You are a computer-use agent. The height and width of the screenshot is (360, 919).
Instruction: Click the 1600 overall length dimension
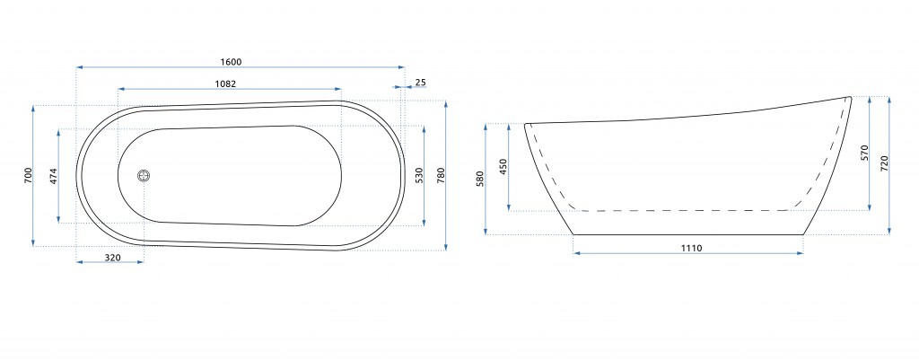(231, 62)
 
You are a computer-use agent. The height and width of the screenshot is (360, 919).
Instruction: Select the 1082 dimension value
(225, 83)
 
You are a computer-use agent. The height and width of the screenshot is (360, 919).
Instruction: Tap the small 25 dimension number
(420, 82)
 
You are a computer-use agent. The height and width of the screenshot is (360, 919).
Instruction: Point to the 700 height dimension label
(29, 175)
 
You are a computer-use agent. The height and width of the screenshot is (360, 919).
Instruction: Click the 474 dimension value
(53, 176)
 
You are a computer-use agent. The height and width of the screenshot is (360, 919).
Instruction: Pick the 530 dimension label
(418, 176)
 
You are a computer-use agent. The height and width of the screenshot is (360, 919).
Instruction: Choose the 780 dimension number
(442, 176)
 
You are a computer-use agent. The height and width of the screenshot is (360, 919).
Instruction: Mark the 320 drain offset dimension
(112, 258)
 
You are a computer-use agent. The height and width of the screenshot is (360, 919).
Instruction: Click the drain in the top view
(144, 175)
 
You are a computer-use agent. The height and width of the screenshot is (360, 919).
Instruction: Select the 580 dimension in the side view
(481, 180)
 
